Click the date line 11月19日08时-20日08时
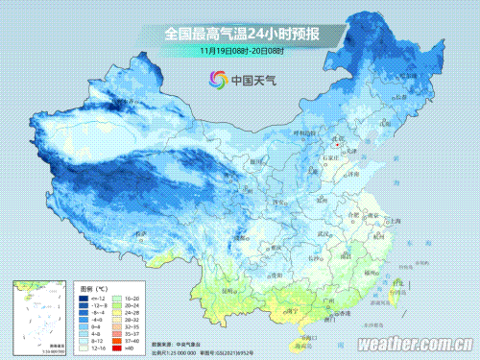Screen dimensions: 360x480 tap(241, 50)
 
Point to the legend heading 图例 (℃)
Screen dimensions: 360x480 tap(93, 288)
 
